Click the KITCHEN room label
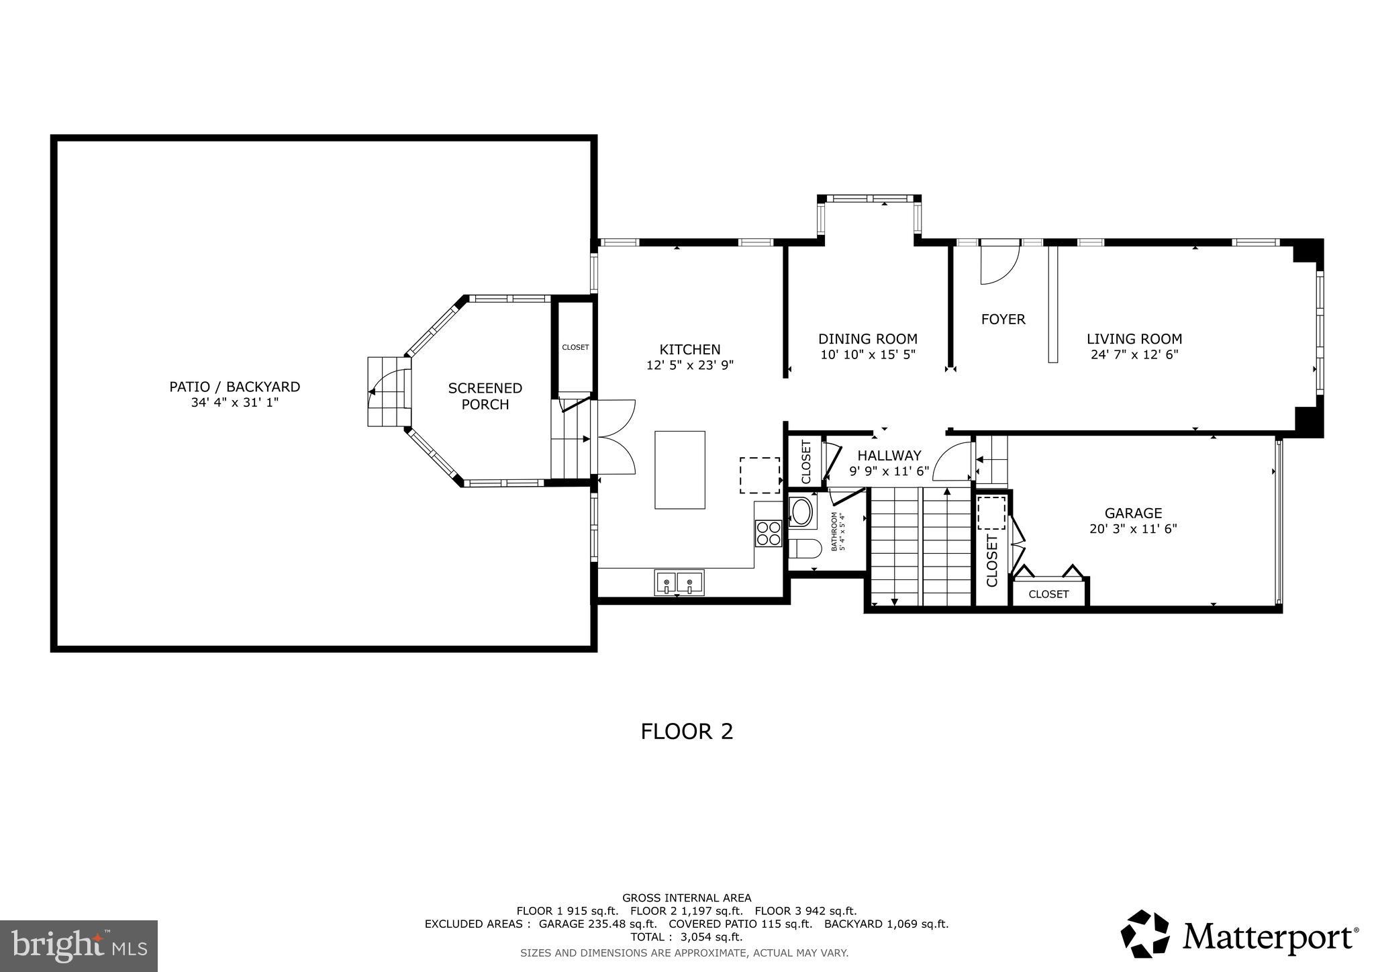[689, 349]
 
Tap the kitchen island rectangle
[680, 470]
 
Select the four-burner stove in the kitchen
[769, 533]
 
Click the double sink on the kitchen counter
[679, 581]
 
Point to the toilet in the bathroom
[804, 549]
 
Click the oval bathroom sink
[801, 512]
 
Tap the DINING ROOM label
[867, 339]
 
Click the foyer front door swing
[998, 264]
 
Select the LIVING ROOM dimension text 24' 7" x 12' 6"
[1134, 355]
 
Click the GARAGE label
[1133, 514]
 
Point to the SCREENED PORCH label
[485, 396]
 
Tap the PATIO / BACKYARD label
[234, 387]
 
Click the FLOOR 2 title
[687, 731]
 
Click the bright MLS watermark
[79, 946]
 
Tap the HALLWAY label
[889, 456]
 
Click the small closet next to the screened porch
[575, 347]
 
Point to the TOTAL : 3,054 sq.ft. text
[686, 937]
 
